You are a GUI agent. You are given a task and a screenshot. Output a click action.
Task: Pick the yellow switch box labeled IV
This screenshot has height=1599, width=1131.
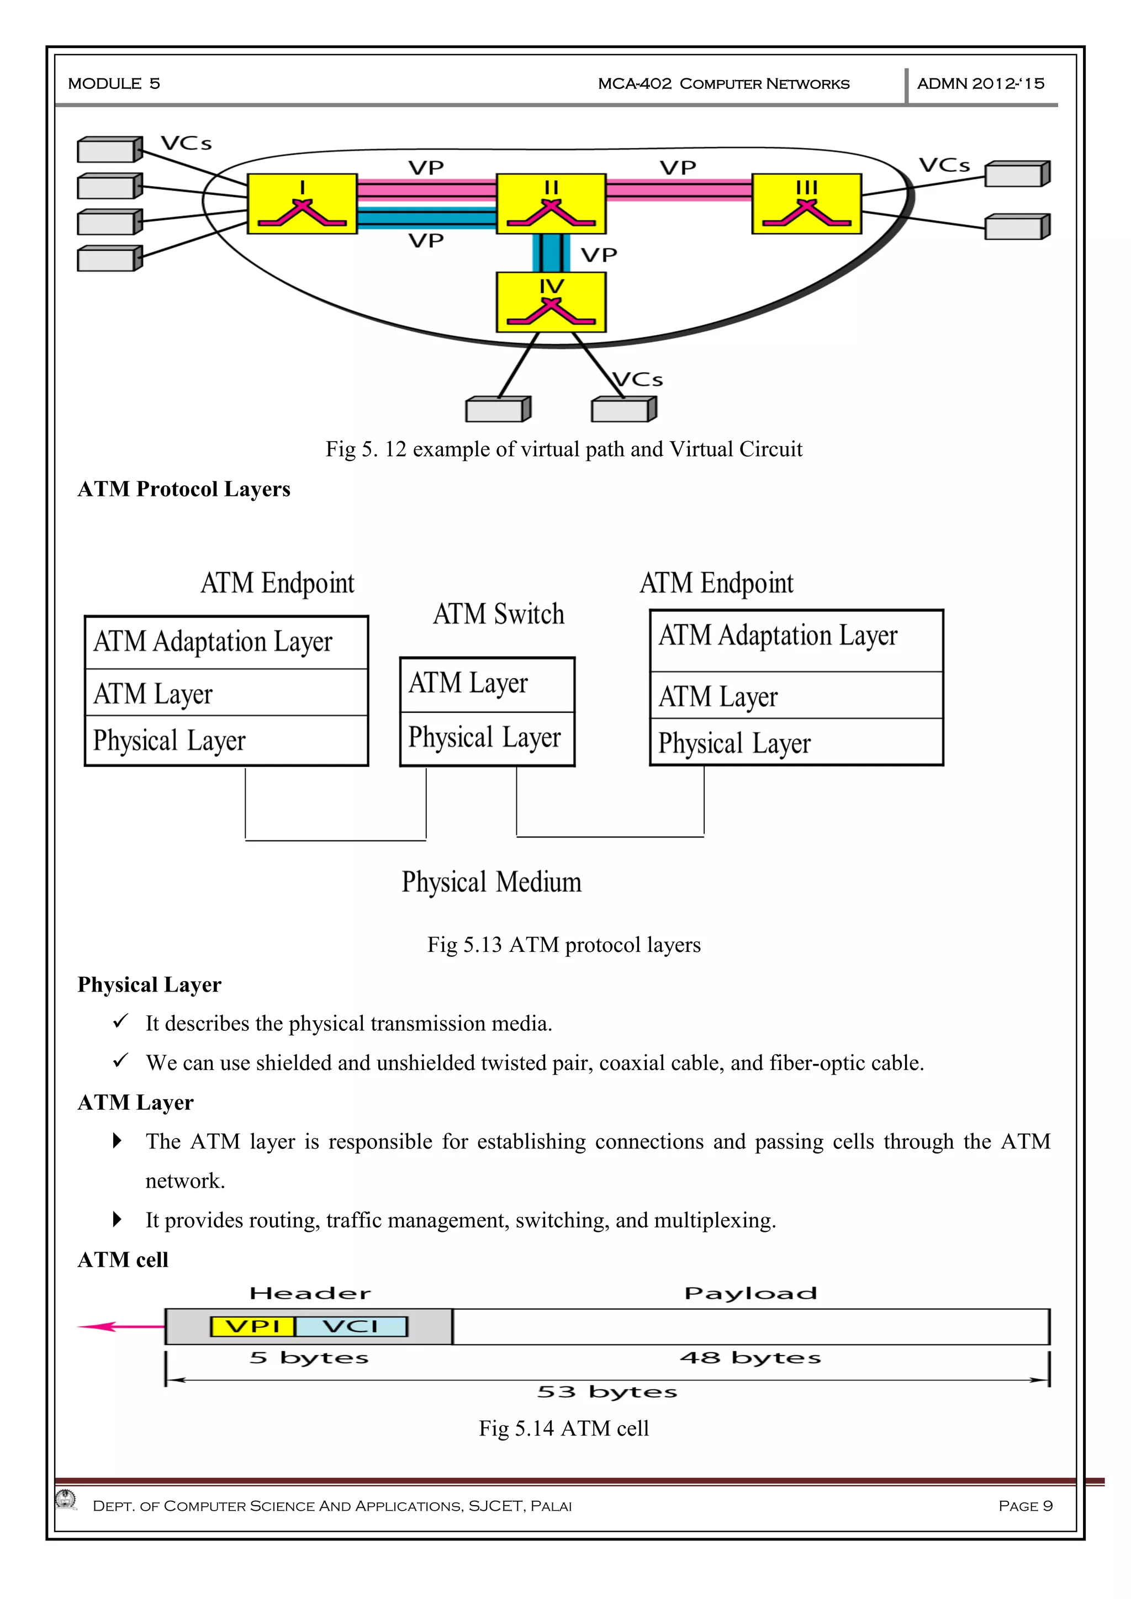[551, 301]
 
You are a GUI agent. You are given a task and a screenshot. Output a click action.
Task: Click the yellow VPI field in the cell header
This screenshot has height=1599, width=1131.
[252, 1326]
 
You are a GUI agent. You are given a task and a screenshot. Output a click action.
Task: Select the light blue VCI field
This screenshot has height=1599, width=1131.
[351, 1326]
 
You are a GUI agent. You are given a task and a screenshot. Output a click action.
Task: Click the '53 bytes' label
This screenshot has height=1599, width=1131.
[606, 1391]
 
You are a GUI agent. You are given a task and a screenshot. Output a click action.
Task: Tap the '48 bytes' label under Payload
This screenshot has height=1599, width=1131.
[750, 1357]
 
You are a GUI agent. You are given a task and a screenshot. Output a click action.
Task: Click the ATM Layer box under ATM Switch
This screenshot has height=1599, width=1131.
[487, 684]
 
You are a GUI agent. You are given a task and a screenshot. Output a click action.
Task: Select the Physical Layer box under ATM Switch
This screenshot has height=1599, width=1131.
[487, 738]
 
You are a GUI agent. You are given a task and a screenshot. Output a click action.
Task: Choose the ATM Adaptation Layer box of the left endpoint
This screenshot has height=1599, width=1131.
[226, 642]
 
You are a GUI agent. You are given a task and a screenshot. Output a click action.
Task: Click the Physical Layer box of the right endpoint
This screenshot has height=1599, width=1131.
[796, 743]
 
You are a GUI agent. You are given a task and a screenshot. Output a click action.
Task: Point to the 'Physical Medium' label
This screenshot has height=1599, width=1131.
[491, 882]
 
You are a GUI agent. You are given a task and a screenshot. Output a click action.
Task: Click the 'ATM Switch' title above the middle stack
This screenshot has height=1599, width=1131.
[499, 614]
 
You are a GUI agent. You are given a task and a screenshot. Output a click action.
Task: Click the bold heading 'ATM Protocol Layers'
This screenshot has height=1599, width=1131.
[184, 489]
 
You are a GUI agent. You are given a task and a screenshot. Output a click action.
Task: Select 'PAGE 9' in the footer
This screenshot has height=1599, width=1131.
[1025, 1506]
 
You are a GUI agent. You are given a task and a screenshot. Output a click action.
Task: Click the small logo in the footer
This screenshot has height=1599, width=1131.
[67, 1499]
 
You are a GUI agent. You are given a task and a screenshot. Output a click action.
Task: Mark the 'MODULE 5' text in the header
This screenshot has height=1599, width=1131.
[114, 83]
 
